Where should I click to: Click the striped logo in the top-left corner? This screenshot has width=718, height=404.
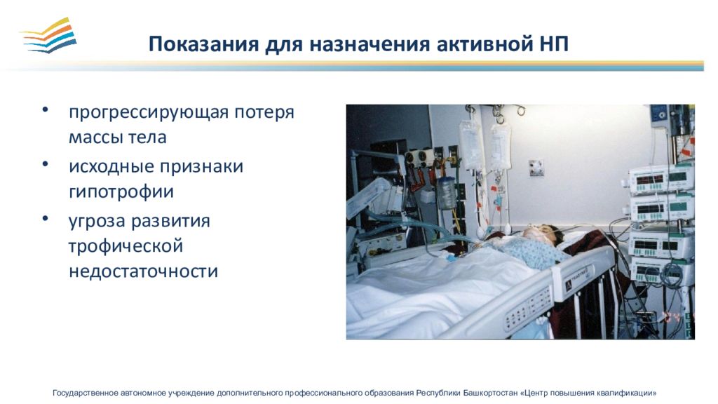coord(48,35)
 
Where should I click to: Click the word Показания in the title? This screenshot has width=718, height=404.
coord(203,44)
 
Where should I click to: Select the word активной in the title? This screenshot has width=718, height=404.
coord(481,44)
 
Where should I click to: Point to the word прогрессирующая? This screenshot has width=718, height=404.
coord(149,112)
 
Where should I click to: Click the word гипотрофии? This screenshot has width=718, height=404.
coord(121,191)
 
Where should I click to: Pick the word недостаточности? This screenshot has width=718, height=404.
coord(143,271)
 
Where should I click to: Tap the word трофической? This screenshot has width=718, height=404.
coord(126,246)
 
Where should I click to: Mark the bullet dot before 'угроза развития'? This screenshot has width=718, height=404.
coord(45,219)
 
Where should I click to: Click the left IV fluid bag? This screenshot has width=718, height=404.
coord(471,144)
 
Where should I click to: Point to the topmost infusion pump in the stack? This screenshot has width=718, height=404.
coord(661,180)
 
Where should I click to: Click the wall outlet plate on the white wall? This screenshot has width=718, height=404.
coord(536,168)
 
